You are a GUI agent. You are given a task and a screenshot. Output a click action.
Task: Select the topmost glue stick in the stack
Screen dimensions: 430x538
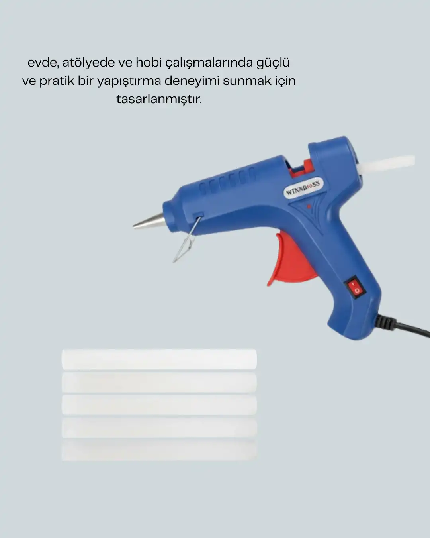pos(159,359)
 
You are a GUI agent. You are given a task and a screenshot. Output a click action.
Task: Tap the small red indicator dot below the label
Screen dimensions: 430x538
pos(309,206)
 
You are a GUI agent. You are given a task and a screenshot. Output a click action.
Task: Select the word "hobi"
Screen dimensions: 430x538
pos(149,62)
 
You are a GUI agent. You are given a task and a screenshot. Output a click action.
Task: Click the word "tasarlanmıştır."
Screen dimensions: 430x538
pos(159,100)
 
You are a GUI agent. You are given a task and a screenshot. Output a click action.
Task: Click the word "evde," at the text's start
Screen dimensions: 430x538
pos(43,63)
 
